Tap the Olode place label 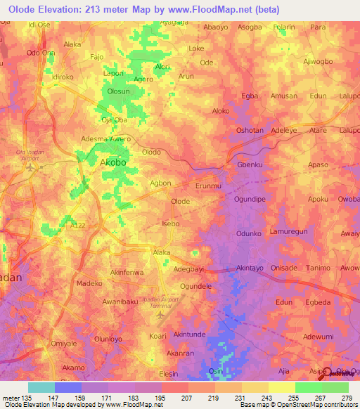point(181,201)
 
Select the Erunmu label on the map point(208,186)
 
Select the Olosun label point(117,91)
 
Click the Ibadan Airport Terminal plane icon point(162,314)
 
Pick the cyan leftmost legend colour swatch point(41,387)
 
